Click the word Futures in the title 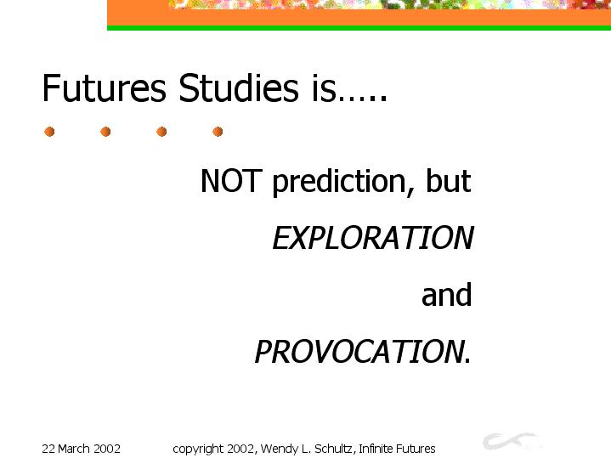coord(105,88)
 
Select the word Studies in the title coord(239,88)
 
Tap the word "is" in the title coord(324,88)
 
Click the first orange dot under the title coord(49,132)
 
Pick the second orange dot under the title coord(105,132)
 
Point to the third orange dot coord(161,132)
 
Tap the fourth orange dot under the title coord(218,132)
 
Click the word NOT coord(231,180)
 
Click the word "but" coord(448,180)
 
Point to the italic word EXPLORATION coord(373,237)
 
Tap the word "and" coord(446,294)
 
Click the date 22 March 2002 coord(81,449)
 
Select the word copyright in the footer coord(198,450)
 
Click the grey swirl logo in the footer coord(511,441)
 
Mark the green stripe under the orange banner coord(359,28)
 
